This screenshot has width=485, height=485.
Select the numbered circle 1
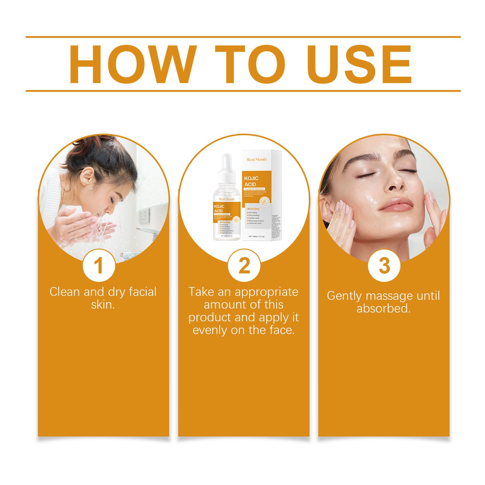[x=99, y=266]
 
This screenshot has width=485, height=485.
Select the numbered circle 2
[x=244, y=266]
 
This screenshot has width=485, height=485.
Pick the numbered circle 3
[x=384, y=266]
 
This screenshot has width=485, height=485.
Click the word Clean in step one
[x=65, y=292]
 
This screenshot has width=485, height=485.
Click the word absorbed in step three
[x=383, y=308]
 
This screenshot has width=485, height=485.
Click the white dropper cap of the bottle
[x=227, y=163]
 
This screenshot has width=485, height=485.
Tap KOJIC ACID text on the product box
[x=251, y=181]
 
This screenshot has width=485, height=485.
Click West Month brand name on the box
[x=256, y=159]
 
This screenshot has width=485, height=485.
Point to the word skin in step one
[x=103, y=305]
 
